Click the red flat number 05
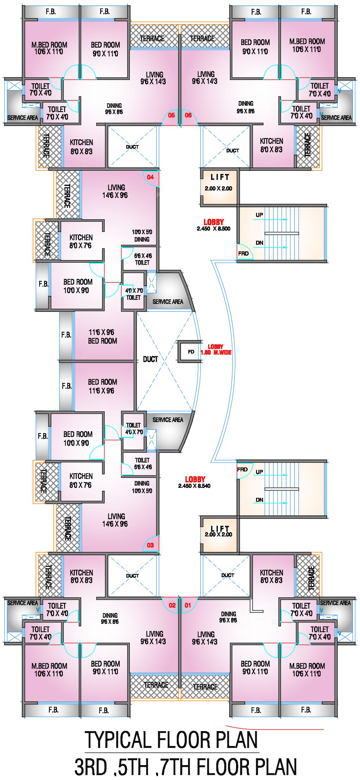[x=171, y=115]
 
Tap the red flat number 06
[x=188, y=115]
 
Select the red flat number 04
[x=150, y=177]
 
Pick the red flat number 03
[x=150, y=545]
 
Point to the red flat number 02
[x=172, y=605]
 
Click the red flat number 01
[x=188, y=605]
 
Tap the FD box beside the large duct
[x=191, y=352]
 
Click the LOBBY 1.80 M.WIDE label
[x=216, y=350]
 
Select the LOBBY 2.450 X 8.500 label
[x=214, y=225]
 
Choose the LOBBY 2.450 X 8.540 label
[x=195, y=482]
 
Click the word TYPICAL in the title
[x=118, y=740]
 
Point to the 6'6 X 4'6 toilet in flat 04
[x=142, y=259]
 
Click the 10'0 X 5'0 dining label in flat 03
[x=142, y=487]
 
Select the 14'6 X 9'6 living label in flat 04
[x=115, y=191]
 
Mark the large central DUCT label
[x=150, y=359]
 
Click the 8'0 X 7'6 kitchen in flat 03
[x=81, y=480]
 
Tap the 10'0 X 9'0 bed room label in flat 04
[x=77, y=286]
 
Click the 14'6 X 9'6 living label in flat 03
[x=115, y=520]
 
